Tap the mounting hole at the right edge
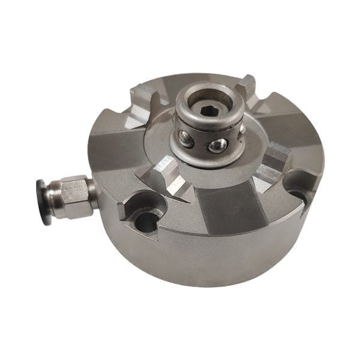click(297, 196)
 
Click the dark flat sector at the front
click(228, 210)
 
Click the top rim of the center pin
click(207, 97)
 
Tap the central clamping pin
click(207, 129)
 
